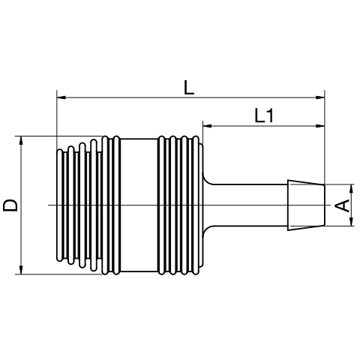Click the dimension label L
[189, 87]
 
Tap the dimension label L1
[264, 115]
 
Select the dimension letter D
[10, 205]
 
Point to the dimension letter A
[343, 205]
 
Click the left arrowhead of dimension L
[61, 97]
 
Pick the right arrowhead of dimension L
[320, 97]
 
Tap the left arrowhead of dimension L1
[208, 126]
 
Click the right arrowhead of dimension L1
[320, 126]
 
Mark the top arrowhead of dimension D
[21, 141]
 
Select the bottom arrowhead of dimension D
[21, 270]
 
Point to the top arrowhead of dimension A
[352, 189]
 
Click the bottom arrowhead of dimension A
[352, 221]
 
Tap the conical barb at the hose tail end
[306, 205]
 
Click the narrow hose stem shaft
[250, 205]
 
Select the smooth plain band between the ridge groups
[139, 205]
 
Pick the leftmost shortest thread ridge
[60, 205]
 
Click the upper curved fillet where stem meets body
[208, 178]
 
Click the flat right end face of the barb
[325, 205]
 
